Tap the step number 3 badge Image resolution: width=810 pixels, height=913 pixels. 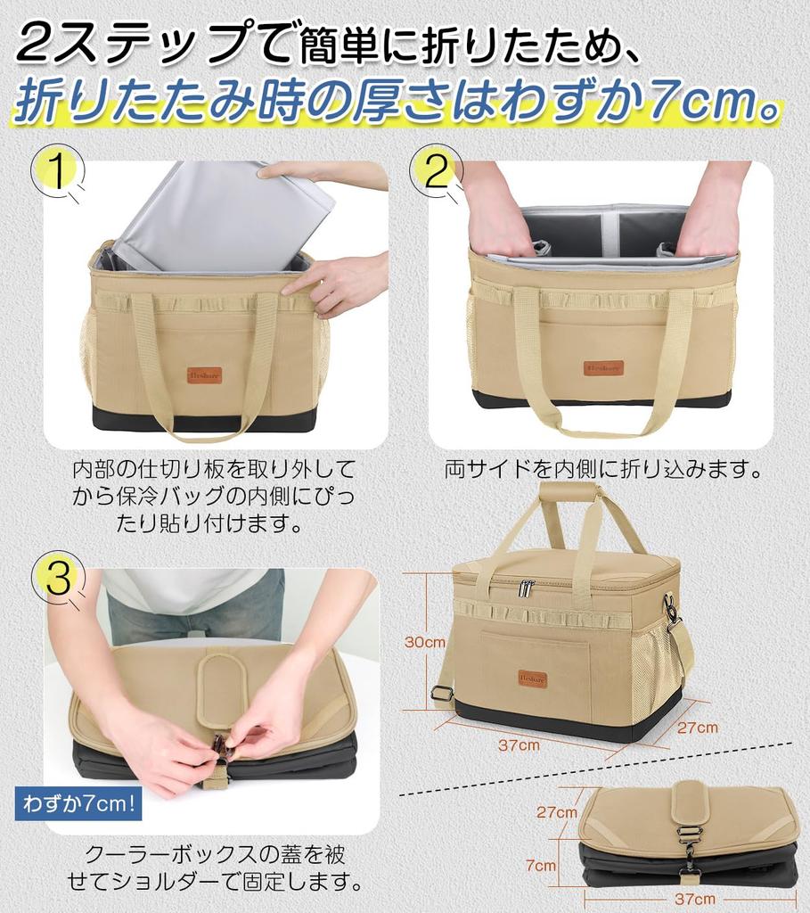point(58,577)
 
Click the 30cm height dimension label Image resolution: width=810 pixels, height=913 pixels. point(425,642)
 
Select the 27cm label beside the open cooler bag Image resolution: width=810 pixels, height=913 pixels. point(698,728)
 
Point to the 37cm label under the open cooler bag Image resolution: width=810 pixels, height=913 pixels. point(519,744)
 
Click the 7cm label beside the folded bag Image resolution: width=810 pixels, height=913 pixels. point(541,865)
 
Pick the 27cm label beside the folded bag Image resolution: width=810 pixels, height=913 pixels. point(557,811)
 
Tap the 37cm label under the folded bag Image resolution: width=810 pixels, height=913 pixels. point(695,900)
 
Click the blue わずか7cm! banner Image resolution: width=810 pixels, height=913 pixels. point(78,804)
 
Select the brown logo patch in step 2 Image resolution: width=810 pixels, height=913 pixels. point(603,368)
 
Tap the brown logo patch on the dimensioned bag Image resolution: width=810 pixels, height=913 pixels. point(533,679)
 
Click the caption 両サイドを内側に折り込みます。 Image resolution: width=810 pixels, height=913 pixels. point(603,469)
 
